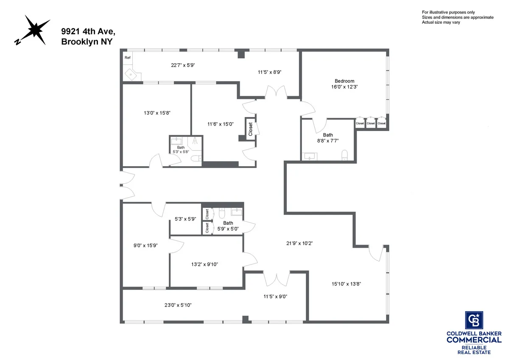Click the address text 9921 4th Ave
coord(88,31)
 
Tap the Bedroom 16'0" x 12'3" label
coord(344,84)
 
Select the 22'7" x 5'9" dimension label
coord(183,65)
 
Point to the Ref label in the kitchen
coord(127,57)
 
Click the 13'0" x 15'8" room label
coord(157,113)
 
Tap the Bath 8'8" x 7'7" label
coord(327,138)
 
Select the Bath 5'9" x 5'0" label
coord(228,226)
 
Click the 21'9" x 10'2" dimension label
coord(299,243)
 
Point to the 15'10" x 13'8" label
coord(347,284)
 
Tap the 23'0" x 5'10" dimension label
coord(178,305)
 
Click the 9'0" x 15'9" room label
coord(145,245)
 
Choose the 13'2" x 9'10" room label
coord(204,264)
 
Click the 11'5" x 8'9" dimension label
coord(270,72)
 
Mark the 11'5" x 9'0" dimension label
coord(275,297)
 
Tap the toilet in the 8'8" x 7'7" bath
coord(345,155)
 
